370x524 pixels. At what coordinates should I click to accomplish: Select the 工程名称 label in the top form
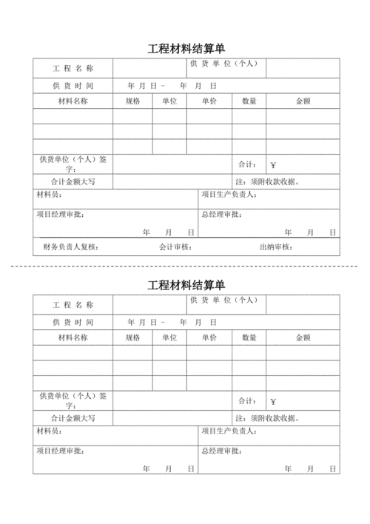pyautogui.click(x=73, y=69)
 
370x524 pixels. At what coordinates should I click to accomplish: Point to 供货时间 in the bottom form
pyautogui.click(x=73, y=323)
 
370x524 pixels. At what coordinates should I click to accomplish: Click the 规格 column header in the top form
pyautogui.click(x=132, y=101)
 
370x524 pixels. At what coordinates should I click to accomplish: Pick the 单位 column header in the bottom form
pyautogui.click(x=169, y=337)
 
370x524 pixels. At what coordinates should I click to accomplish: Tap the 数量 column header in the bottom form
pyautogui.click(x=249, y=337)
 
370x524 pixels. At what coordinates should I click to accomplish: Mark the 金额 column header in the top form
pyautogui.click(x=303, y=101)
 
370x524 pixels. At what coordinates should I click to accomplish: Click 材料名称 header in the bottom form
pyautogui.click(x=73, y=337)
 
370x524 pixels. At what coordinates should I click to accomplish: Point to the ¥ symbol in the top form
pyautogui.click(x=273, y=165)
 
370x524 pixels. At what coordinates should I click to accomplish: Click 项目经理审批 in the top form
pyautogui.click(x=59, y=215)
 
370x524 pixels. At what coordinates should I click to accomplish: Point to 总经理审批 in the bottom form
pyautogui.click(x=221, y=451)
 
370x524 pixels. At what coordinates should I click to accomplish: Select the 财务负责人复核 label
pyautogui.click(x=70, y=247)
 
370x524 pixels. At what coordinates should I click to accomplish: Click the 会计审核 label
pyautogui.click(x=175, y=247)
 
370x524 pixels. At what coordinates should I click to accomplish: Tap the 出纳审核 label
pyautogui.click(x=275, y=247)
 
